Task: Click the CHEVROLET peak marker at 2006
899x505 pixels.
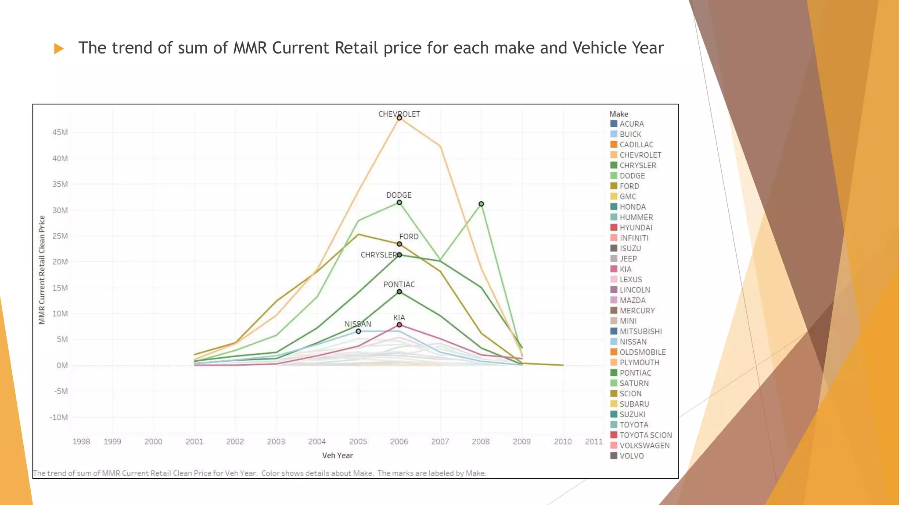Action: pos(399,118)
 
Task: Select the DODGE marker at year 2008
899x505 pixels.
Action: pos(481,204)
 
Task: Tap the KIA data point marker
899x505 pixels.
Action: pos(399,325)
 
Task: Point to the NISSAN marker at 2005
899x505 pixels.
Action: pos(358,331)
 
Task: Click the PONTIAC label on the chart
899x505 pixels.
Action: pos(399,285)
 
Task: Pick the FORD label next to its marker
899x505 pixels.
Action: pos(409,237)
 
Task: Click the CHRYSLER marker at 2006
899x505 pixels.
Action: pos(399,255)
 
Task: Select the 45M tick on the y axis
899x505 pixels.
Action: pos(60,132)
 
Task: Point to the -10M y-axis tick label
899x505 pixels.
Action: pos(59,417)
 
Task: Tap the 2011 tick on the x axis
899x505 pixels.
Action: pos(593,441)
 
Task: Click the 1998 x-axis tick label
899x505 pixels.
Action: pos(81,441)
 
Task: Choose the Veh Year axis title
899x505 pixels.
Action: pos(337,455)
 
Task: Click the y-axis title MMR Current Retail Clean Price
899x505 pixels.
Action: pos(42,270)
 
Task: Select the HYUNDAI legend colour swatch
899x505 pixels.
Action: pos(614,228)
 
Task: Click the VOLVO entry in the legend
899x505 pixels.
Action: pos(631,456)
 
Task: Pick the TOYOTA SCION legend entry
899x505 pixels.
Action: pos(645,435)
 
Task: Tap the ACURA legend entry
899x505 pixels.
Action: pos(631,124)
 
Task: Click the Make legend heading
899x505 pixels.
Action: pos(619,114)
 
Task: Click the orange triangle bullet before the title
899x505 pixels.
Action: pos(59,49)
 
